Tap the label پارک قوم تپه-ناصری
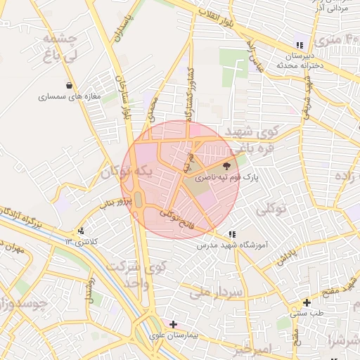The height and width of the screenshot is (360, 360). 227,179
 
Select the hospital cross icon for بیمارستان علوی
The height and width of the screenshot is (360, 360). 174,324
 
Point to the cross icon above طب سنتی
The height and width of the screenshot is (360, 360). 307,302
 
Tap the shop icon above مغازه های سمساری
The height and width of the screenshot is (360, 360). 68,86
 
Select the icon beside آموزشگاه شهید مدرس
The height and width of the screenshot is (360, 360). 232,235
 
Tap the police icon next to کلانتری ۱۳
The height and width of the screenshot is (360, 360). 82,231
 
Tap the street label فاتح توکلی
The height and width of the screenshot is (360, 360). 175,218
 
